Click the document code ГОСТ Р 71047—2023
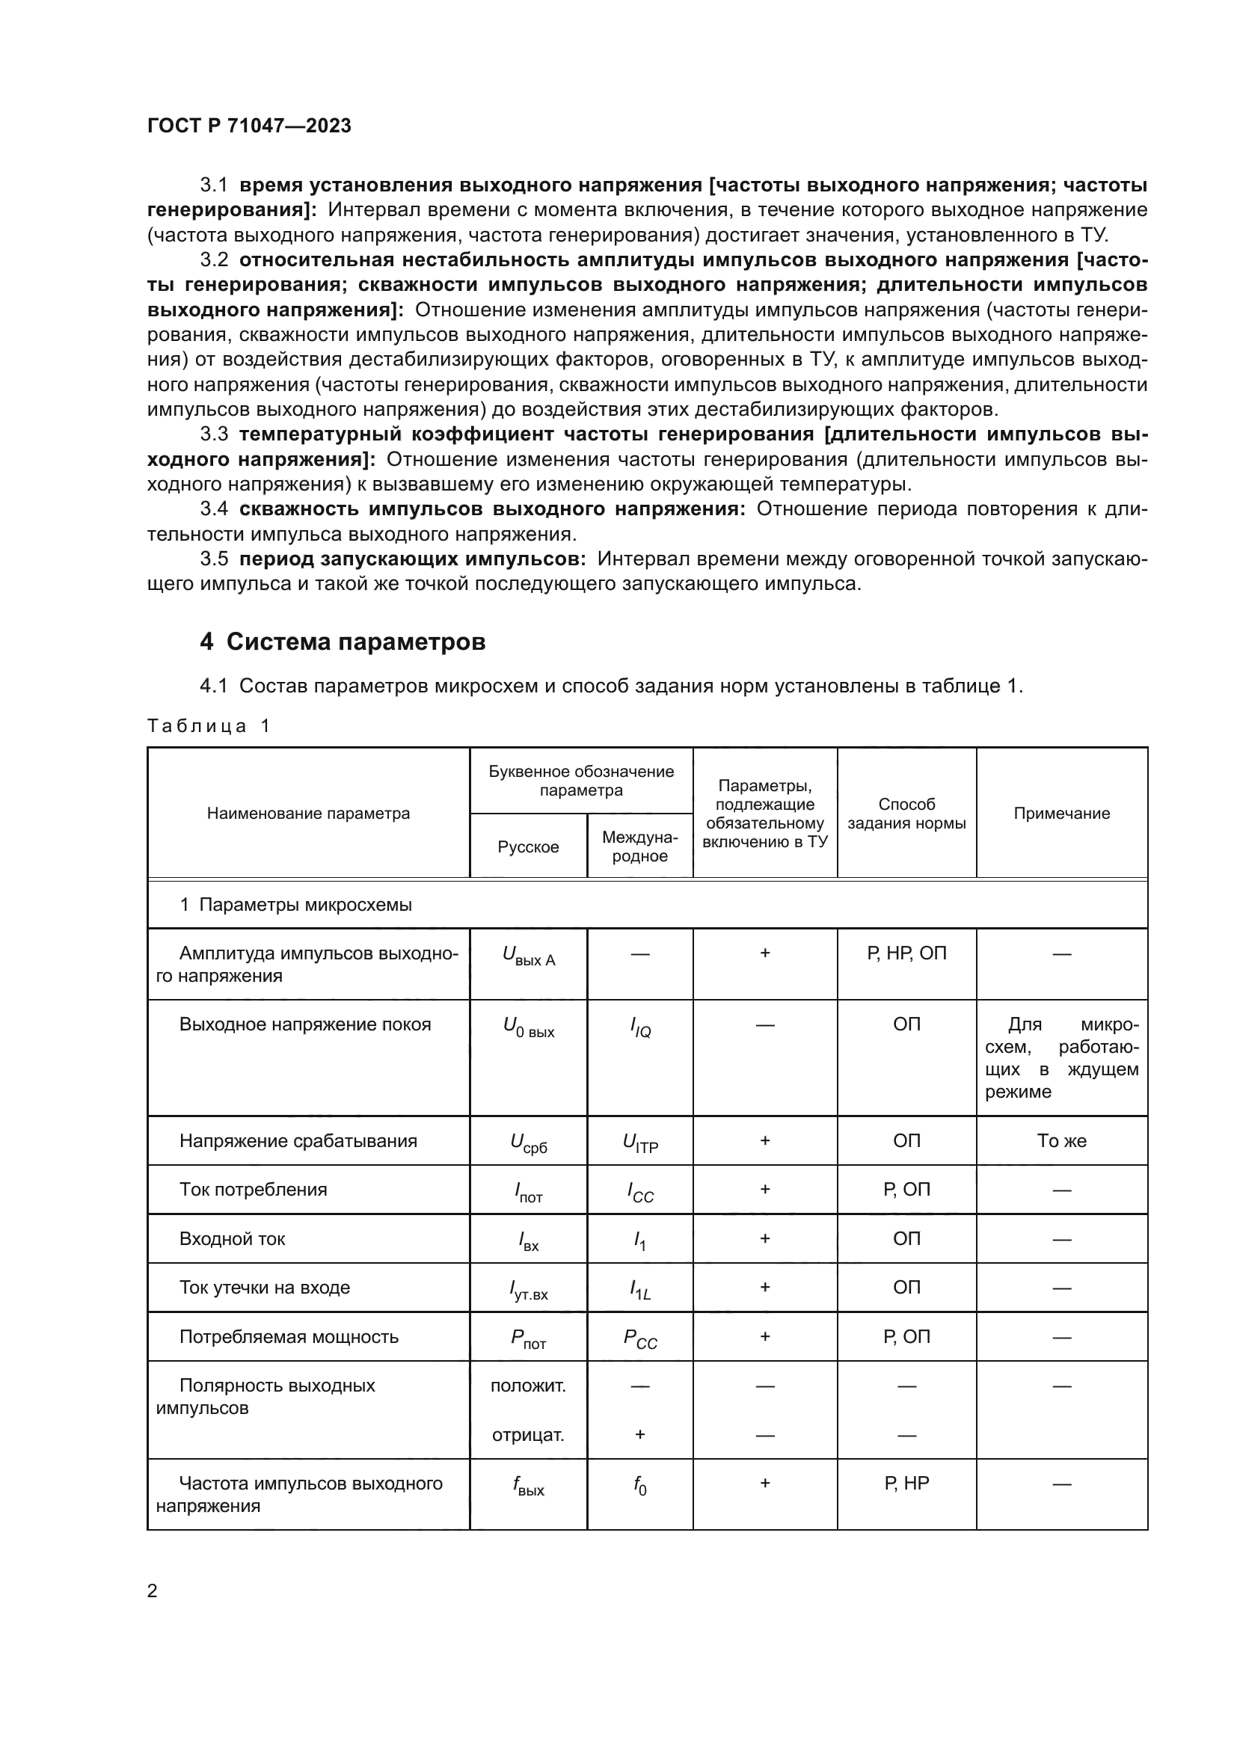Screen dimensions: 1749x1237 coord(249,126)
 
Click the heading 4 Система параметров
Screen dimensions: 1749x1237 coord(343,642)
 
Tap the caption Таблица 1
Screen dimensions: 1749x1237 coord(209,725)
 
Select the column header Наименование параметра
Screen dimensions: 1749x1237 coord(308,814)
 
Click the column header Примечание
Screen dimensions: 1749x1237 coord(1061,814)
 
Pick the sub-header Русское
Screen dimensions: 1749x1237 coord(528,847)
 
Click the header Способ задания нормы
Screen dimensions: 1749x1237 coord(906,814)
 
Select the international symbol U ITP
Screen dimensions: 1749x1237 coord(640,1143)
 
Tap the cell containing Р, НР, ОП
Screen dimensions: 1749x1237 coord(906,953)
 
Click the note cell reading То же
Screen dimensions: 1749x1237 coord(1061,1140)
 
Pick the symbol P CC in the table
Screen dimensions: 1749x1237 coord(640,1338)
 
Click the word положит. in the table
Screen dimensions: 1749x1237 coord(528,1386)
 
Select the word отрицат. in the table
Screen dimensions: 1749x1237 coord(528,1435)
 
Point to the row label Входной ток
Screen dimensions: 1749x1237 coord(233,1238)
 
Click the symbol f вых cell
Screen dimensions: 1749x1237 coord(529,1486)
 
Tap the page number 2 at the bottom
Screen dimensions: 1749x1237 coord(153,1590)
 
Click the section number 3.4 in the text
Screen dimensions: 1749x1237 coord(214,509)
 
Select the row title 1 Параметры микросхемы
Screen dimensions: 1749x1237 coord(295,905)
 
